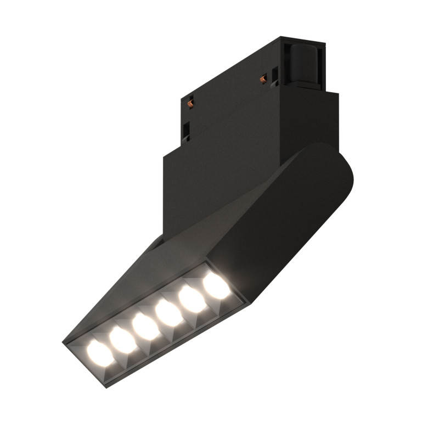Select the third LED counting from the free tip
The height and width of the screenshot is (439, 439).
(x=143, y=326)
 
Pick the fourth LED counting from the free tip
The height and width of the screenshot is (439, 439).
(x=166, y=313)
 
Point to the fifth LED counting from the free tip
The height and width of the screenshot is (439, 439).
(x=190, y=300)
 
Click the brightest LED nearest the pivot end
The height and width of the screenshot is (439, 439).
(x=214, y=286)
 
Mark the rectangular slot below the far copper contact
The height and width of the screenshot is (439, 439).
(x=187, y=130)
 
